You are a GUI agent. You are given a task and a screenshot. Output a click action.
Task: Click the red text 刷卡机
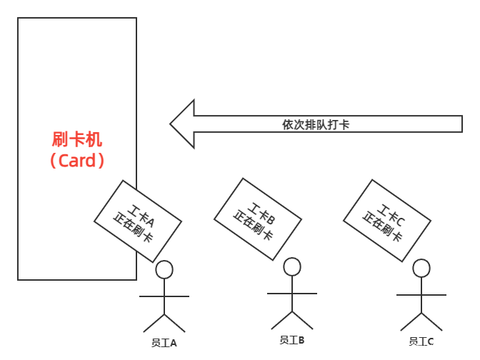76,139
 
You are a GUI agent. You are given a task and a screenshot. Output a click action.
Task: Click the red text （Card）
77,161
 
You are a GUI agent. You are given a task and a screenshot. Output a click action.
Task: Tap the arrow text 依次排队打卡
316,124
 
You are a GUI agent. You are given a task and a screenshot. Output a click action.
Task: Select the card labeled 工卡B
258,219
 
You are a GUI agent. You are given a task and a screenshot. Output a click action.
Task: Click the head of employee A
164,269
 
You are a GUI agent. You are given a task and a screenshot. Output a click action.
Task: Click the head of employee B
292,267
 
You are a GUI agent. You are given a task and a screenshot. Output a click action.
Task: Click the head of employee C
421,268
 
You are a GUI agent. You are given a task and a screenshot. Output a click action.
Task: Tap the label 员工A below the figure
164,343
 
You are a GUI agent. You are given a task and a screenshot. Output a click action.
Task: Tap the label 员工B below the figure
292,341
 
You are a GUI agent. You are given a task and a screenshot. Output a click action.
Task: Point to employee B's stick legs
292,319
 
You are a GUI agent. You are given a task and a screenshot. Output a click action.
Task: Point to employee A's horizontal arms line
164,296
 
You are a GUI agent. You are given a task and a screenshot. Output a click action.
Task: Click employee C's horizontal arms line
421,294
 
